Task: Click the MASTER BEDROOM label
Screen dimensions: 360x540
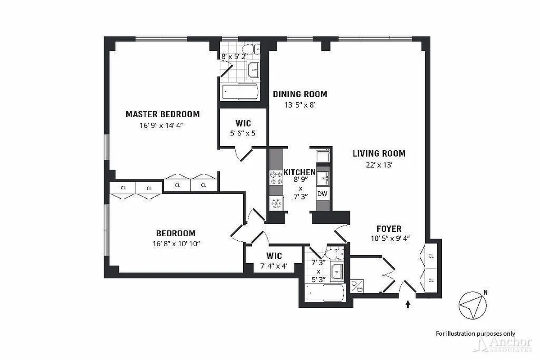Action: click(162, 114)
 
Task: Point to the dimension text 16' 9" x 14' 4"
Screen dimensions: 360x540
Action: click(162, 126)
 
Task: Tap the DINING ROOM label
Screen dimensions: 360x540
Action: click(300, 94)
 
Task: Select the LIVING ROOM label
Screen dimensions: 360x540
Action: click(379, 153)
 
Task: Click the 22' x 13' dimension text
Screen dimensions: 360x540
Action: click(379, 165)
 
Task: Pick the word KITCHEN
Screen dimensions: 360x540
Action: click(299, 172)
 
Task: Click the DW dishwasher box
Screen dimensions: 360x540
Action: click(322, 194)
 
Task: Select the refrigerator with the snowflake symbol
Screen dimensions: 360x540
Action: click(276, 203)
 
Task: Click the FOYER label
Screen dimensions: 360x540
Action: click(390, 229)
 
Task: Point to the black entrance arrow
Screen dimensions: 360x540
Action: click(408, 304)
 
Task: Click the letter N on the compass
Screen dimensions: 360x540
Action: click(486, 292)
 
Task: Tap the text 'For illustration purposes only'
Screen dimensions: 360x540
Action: click(475, 333)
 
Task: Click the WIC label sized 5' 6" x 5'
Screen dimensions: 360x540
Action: click(243, 123)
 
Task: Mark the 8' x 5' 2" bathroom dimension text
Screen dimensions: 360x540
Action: click(234, 57)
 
